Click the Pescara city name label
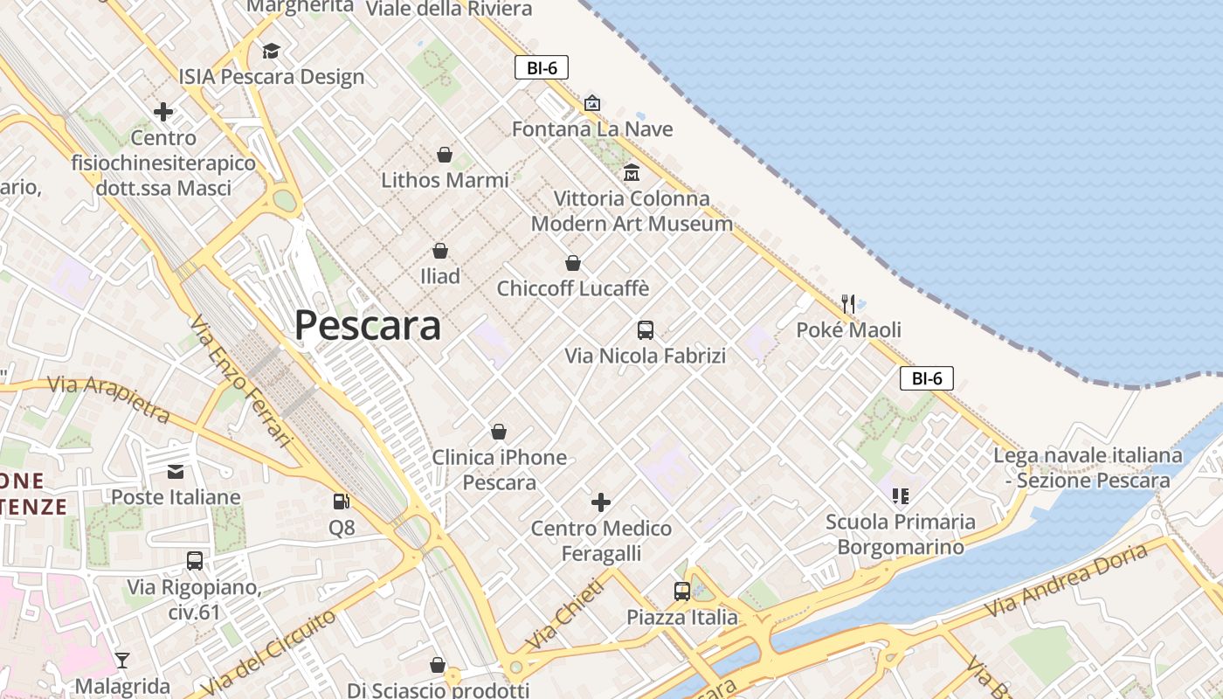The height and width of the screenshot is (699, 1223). (x=367, y=326)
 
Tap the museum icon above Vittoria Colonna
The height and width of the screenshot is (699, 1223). (x=632, y=172)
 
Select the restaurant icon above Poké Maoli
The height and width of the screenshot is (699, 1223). (x=848, y=304)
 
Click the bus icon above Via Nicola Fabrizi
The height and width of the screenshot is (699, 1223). (x=646, y=330)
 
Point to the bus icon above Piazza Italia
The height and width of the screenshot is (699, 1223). (x=682, y=592)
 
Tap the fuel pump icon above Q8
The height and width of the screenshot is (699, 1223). (x=342, y=502)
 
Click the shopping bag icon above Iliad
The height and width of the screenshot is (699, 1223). (x=440, y=251)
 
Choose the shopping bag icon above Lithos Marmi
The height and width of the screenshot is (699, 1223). (x=445, y=155)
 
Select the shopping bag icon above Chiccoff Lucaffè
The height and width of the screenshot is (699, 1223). (x=573, y=263)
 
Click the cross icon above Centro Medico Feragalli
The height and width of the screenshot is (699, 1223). (x=601, y=502)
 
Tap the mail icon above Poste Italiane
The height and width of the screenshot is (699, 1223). (x=176, y=472)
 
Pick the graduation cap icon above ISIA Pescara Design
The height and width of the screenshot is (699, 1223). (x=271, y=51)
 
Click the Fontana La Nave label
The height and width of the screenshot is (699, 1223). (x=592, y=129)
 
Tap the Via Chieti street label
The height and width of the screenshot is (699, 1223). (x=564, y=615)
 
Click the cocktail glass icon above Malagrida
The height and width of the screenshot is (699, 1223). (x=122, y=660)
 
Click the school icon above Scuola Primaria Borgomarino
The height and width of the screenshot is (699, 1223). (x=901, y=496)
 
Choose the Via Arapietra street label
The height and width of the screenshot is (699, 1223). (x=108, y=398)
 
